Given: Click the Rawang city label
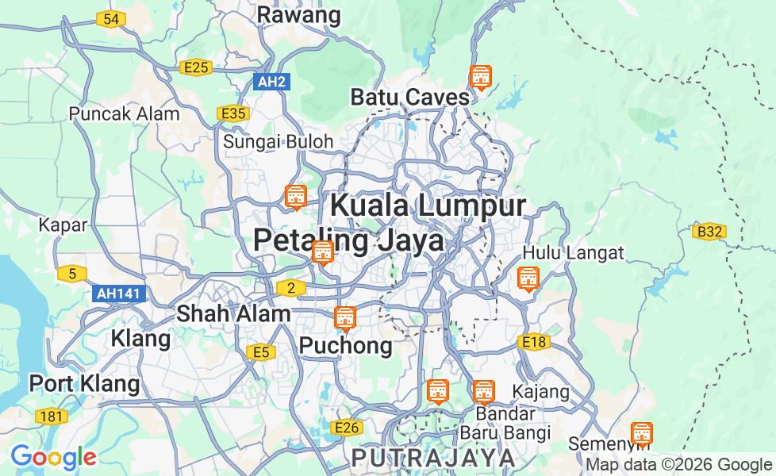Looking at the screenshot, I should (x=298, y=14).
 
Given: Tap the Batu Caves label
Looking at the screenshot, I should (x=410, y=98).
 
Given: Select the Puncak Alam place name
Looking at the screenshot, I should (x=124, y=113).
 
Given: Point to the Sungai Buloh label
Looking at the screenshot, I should (x=278, y=142).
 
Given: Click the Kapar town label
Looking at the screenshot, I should (x=63, y=225).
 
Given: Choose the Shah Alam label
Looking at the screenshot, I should (x=233, y=313).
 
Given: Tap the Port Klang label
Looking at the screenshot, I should (x=84, y=384).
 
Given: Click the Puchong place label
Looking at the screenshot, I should (x=345, y=346).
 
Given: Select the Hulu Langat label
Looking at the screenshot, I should (x=573, y=253).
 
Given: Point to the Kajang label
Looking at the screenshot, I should (x=541, y=392).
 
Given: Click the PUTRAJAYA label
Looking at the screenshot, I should (x=433, y=458).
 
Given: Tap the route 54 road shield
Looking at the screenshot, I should (x=112, y=19).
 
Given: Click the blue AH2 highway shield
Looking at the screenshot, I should (x=271, y=81).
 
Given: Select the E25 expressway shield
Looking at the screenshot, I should (x=194, y=67).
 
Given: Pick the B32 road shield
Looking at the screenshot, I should (x=709, y=232).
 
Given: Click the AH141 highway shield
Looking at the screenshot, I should (x=119, y=294).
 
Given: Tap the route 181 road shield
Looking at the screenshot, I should (x=52, y=416).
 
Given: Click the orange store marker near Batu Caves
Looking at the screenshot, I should (x=480, y=78).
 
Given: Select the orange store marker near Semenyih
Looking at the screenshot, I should (x=641, y=433).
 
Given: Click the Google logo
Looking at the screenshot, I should (x=53, y=457).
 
